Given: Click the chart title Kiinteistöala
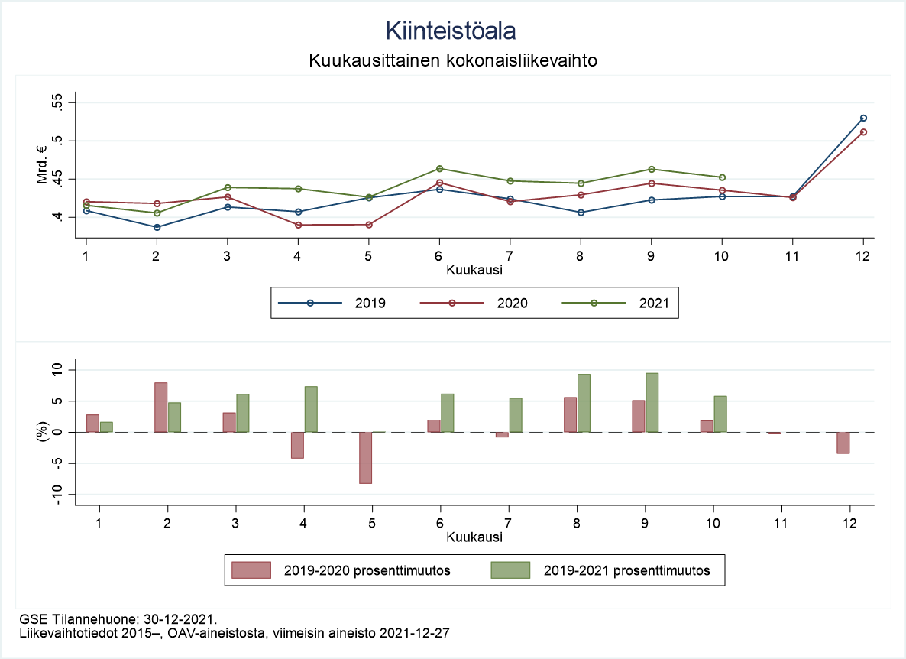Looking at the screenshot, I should coord(451,31).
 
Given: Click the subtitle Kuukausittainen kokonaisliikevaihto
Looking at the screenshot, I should coord(452,60).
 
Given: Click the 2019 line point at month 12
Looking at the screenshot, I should coord(863,118).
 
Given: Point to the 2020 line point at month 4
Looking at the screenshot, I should coord(298,225).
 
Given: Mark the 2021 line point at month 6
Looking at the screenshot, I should coord(439,168).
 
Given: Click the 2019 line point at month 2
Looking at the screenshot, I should coord(157,227).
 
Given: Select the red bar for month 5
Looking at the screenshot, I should coord(365,457).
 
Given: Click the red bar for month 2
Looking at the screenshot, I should coord(161,407).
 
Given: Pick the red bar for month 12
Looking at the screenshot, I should coord(843,443).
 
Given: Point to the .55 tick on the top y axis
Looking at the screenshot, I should coord(57,102).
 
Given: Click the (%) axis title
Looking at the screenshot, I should coord(44,432).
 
